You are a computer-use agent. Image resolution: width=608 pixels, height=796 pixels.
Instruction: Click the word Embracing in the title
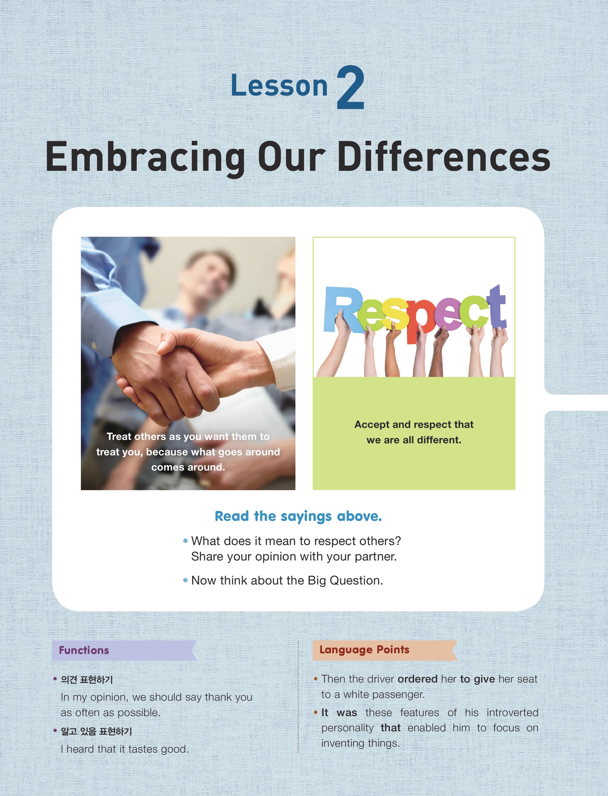pos(145,157)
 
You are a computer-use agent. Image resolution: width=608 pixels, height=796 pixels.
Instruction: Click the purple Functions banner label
pos(84,650)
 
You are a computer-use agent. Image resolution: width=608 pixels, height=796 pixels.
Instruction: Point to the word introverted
pos(513,713)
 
